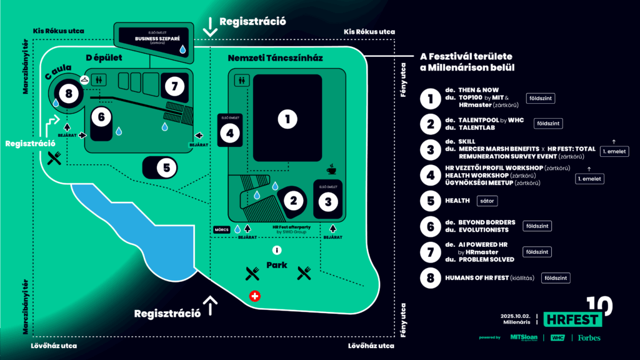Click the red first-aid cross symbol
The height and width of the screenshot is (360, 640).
[254, 296]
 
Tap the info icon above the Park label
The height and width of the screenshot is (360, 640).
[276, 251]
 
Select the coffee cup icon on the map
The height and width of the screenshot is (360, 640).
[331, 169]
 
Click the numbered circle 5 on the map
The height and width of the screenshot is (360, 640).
[166, 167]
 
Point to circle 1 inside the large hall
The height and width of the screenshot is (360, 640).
[287, 119]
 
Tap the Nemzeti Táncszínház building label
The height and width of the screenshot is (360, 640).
[275, 58]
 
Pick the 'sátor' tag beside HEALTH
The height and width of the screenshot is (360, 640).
[486, 201]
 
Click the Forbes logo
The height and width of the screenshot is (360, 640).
[589, 338]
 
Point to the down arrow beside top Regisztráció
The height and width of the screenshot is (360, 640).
[210, 26]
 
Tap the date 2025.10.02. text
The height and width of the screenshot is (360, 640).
[515, 316]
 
